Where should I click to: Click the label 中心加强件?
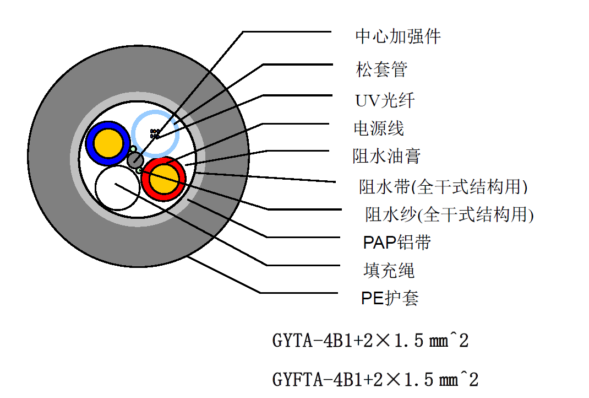(397, 37)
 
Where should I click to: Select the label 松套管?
(381, 69)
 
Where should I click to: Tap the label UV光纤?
(384, 101)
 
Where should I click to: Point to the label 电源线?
(378, 128)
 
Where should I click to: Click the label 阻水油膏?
(386, 156)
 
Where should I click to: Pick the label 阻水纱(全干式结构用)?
(449, 214)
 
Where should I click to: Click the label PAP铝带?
(397, 242)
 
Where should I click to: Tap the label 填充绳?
(389, 270)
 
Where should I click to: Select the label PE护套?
(390, 298)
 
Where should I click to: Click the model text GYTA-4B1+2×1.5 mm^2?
(370, 341)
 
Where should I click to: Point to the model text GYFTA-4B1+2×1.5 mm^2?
(375, 379)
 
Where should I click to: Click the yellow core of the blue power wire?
(108, 143)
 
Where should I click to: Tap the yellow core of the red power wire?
(165, 179)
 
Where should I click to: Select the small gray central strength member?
(135, 160)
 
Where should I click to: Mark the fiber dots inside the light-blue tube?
(155, 133)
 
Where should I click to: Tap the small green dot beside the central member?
(133, 149)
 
